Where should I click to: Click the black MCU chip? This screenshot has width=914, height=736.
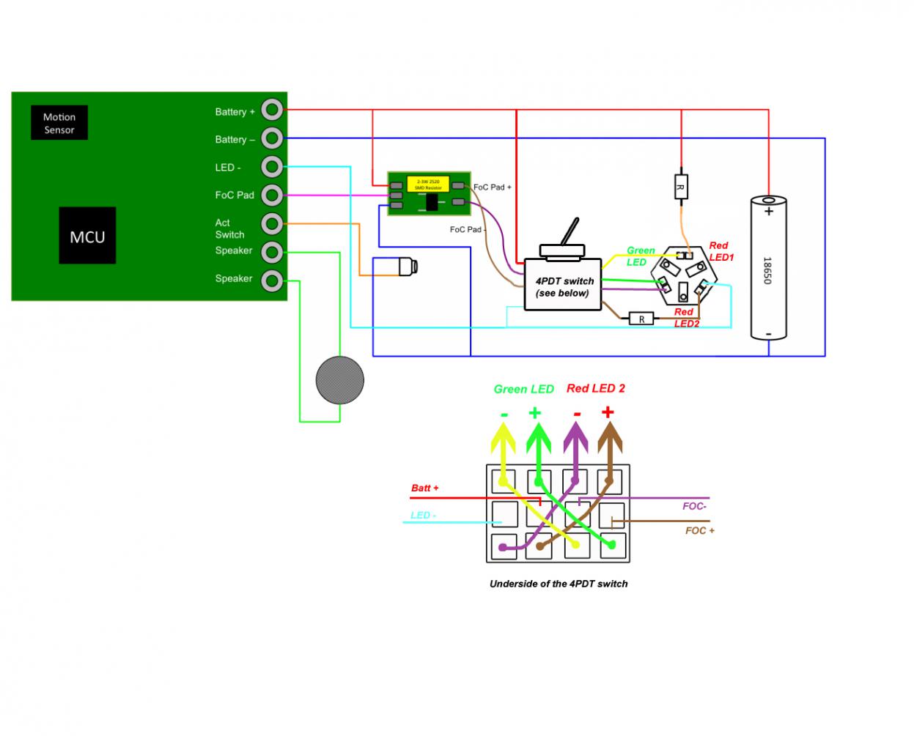tap(87, 236)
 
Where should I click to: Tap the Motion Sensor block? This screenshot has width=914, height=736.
tap(59, 123)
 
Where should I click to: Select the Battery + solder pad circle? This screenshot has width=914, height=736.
tap(272, 110)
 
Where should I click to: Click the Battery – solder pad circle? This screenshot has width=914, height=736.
tap(272, 138)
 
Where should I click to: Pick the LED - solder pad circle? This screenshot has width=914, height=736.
tap(272, 166)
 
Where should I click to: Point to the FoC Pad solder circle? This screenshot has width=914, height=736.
tap(272, 195)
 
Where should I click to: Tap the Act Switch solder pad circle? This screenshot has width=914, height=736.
tap(272, 223)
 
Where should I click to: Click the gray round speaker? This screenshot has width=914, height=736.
tap(339, 380)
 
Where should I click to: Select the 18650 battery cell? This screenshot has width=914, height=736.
tap(768, 268)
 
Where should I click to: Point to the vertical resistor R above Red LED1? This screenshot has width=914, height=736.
tap(681, 187)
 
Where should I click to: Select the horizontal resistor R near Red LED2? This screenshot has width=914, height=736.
tap(641, 319)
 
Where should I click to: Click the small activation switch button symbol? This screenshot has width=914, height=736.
tap(408, 267)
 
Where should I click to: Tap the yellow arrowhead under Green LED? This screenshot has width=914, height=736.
tap(504, 439)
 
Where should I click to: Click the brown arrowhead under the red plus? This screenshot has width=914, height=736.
tap(608, 438)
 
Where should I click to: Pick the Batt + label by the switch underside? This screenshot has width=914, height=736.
tap(424, 488)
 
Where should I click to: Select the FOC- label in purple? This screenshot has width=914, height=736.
tap(693, 506)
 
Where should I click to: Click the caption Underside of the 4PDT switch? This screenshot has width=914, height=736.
tap(559, 584)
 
